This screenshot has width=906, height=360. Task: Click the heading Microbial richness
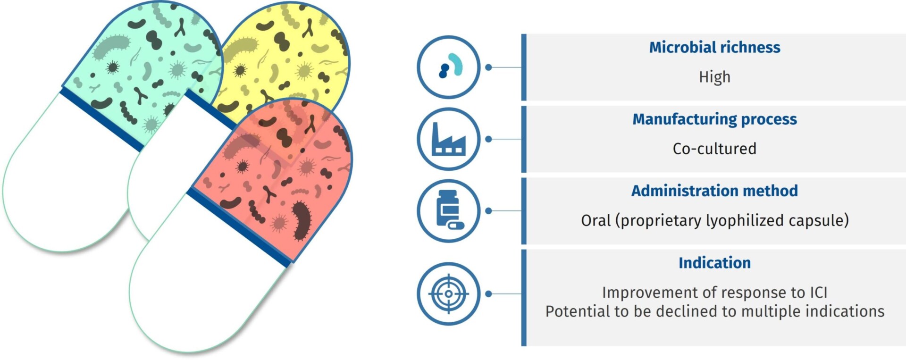(714, 47)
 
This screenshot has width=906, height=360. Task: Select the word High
(714, 77)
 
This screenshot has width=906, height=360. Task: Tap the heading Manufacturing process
(714, 119)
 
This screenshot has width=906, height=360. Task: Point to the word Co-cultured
(714, 149)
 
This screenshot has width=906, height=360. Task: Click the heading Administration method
(714, 191)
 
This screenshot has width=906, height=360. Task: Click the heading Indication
(714, 263)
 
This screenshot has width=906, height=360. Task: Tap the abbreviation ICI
(819, 293)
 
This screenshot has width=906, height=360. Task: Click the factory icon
(449, 139)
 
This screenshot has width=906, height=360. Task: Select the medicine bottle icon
(449, 210)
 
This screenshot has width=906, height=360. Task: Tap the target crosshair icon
(449, 293)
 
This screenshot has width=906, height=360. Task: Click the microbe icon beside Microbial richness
(451, 66)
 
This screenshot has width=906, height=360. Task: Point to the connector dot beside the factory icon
(489, 139)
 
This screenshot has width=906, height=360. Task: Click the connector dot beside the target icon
(489, 293)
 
